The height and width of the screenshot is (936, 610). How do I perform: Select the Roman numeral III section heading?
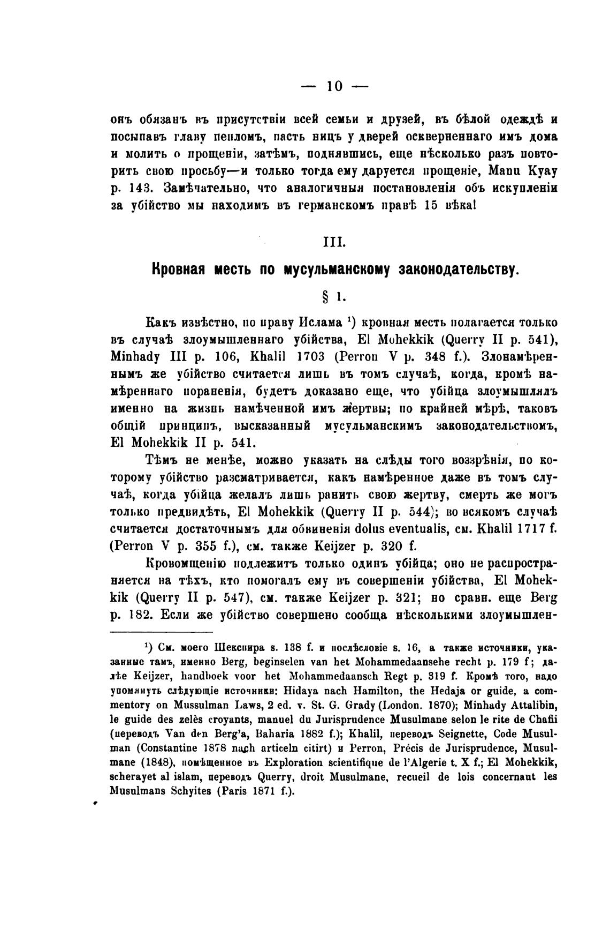[334, 242]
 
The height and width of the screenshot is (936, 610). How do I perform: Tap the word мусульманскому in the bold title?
[339, 269]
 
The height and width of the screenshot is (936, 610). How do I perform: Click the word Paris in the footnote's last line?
[232, 790]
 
